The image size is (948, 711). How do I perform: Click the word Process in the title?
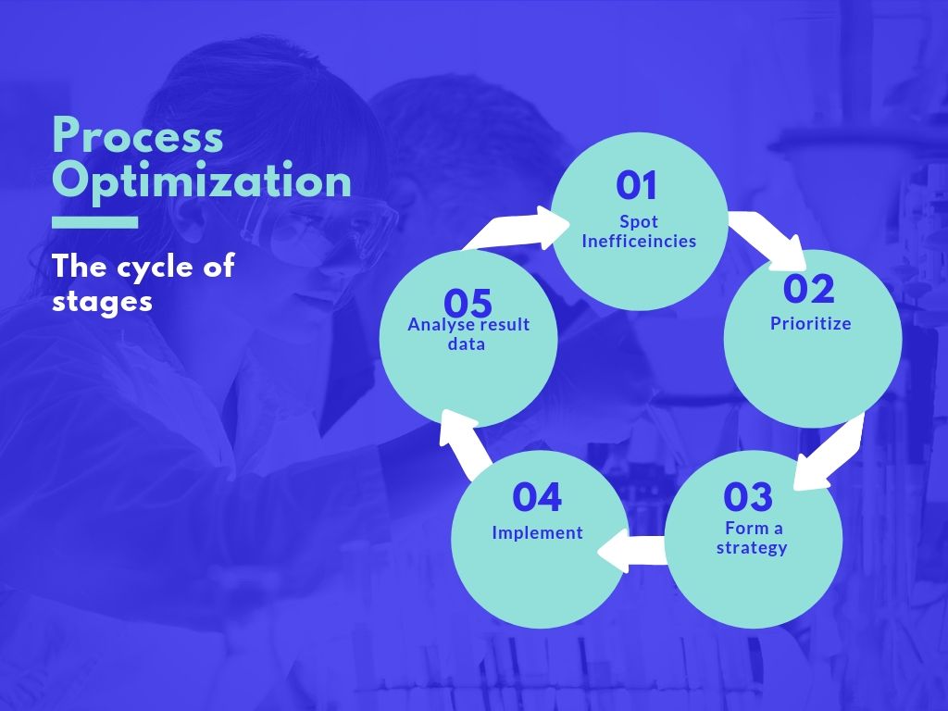(138, 135)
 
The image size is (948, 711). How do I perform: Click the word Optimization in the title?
(201, 181)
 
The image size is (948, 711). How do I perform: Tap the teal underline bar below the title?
(95, 222)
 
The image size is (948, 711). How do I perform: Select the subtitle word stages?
(102, 302)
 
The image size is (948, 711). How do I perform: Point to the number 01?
(636, 185)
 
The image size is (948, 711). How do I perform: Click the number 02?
(809, 289)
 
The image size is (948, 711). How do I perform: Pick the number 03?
(748, 497)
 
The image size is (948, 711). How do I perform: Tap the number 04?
(537, 497)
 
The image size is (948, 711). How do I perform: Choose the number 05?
(468, 303)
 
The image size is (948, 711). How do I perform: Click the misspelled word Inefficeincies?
(639, 242)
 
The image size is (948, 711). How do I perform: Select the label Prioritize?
(810, 323)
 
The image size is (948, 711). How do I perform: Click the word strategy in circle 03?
(752, 548)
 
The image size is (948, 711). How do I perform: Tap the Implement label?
(537, 532)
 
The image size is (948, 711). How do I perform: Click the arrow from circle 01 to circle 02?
(767, 239)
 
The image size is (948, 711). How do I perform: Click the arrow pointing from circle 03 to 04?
(631, 551)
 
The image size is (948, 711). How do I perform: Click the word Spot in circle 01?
(639, 222)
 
